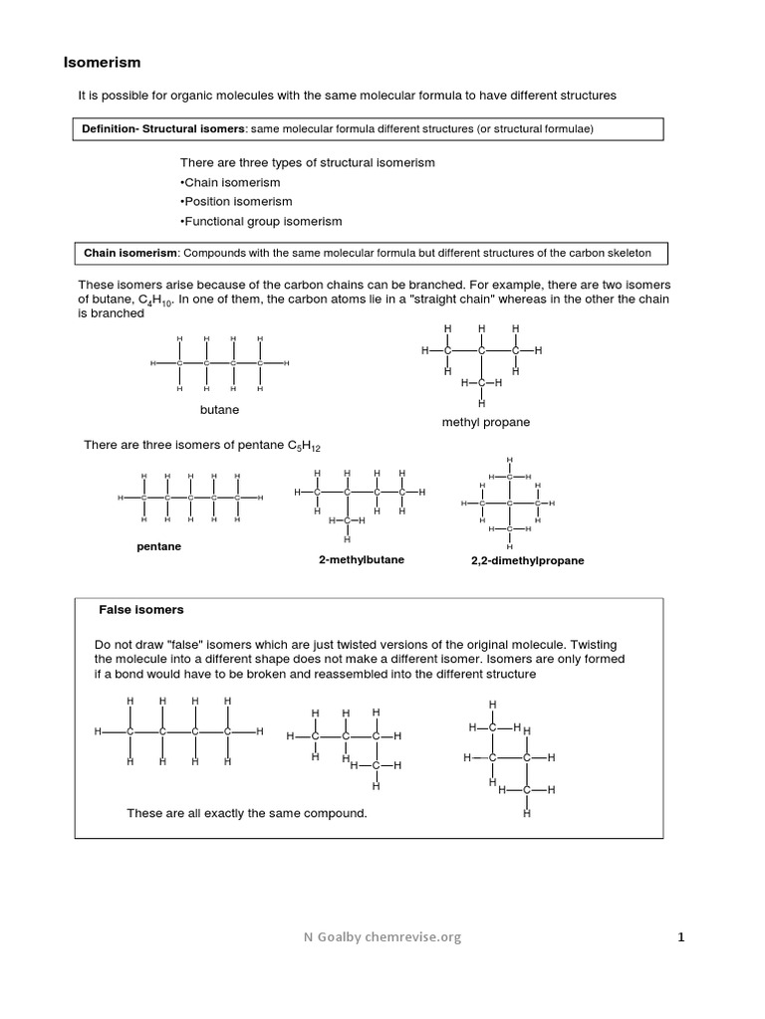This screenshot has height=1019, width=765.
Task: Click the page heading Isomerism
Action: coord(103,63)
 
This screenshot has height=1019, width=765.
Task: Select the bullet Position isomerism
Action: coord(236,201)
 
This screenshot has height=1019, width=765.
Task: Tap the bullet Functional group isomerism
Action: coord(261,221)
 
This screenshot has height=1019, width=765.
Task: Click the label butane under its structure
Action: coord(219,409)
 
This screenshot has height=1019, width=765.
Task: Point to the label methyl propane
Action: coord(486,422)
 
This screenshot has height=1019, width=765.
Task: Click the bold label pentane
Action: coord(158,546)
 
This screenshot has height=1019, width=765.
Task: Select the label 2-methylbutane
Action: coord(362,560)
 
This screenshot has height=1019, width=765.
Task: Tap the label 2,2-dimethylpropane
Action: coord(527,560)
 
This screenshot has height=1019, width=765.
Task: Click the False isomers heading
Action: coord(141,609)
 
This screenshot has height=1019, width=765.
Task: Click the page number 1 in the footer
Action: coord(681,936)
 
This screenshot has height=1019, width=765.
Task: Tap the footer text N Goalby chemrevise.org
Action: coord(382,936)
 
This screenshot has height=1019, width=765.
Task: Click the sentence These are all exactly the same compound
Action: coord(247,813)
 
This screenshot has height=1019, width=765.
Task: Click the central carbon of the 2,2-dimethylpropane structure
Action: coord(509,504)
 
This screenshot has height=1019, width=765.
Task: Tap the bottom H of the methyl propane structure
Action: coord(481,404)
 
